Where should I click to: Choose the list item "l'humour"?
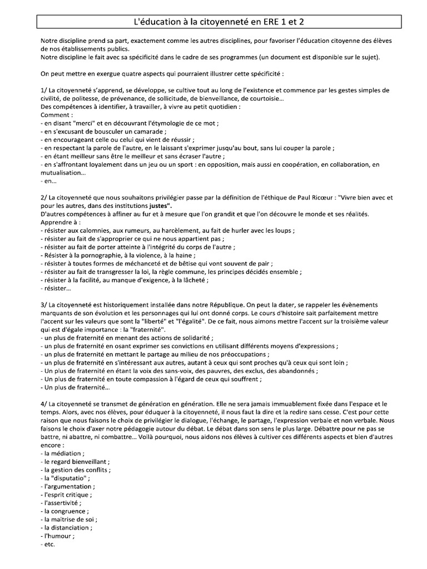point(58,536)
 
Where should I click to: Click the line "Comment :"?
point(57,114)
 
